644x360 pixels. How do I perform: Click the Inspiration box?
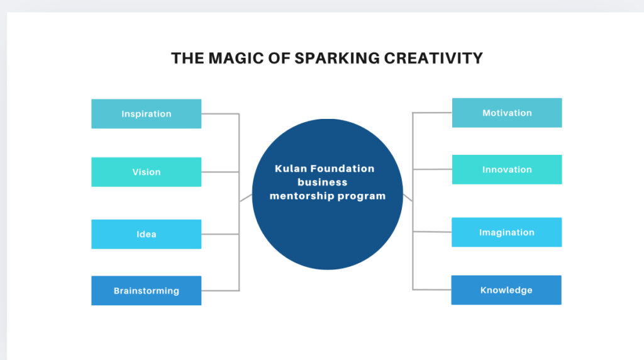click(146, 114)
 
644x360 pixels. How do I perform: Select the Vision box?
click(146, 172)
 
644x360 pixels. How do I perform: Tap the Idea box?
click(146, 234)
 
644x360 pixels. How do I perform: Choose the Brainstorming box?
click(146, 291)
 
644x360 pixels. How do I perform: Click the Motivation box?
click(507, 113)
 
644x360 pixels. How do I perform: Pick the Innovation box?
click(507, 169)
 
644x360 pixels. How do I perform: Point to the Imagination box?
click(506, 232)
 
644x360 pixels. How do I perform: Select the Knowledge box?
click(506, 290)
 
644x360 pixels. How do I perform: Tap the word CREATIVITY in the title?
click(433, 59)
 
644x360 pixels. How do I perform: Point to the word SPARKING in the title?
click(337, 59)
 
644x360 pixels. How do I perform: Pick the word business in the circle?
click(323, 182)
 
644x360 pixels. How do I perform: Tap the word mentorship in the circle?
click(299, 196)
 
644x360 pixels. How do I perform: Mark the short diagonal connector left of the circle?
click(246, 198)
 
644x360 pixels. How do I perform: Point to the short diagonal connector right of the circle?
click(408, 197)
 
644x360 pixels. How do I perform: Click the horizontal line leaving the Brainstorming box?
click(220, 291)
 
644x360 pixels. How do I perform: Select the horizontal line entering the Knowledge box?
click(432, 290)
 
